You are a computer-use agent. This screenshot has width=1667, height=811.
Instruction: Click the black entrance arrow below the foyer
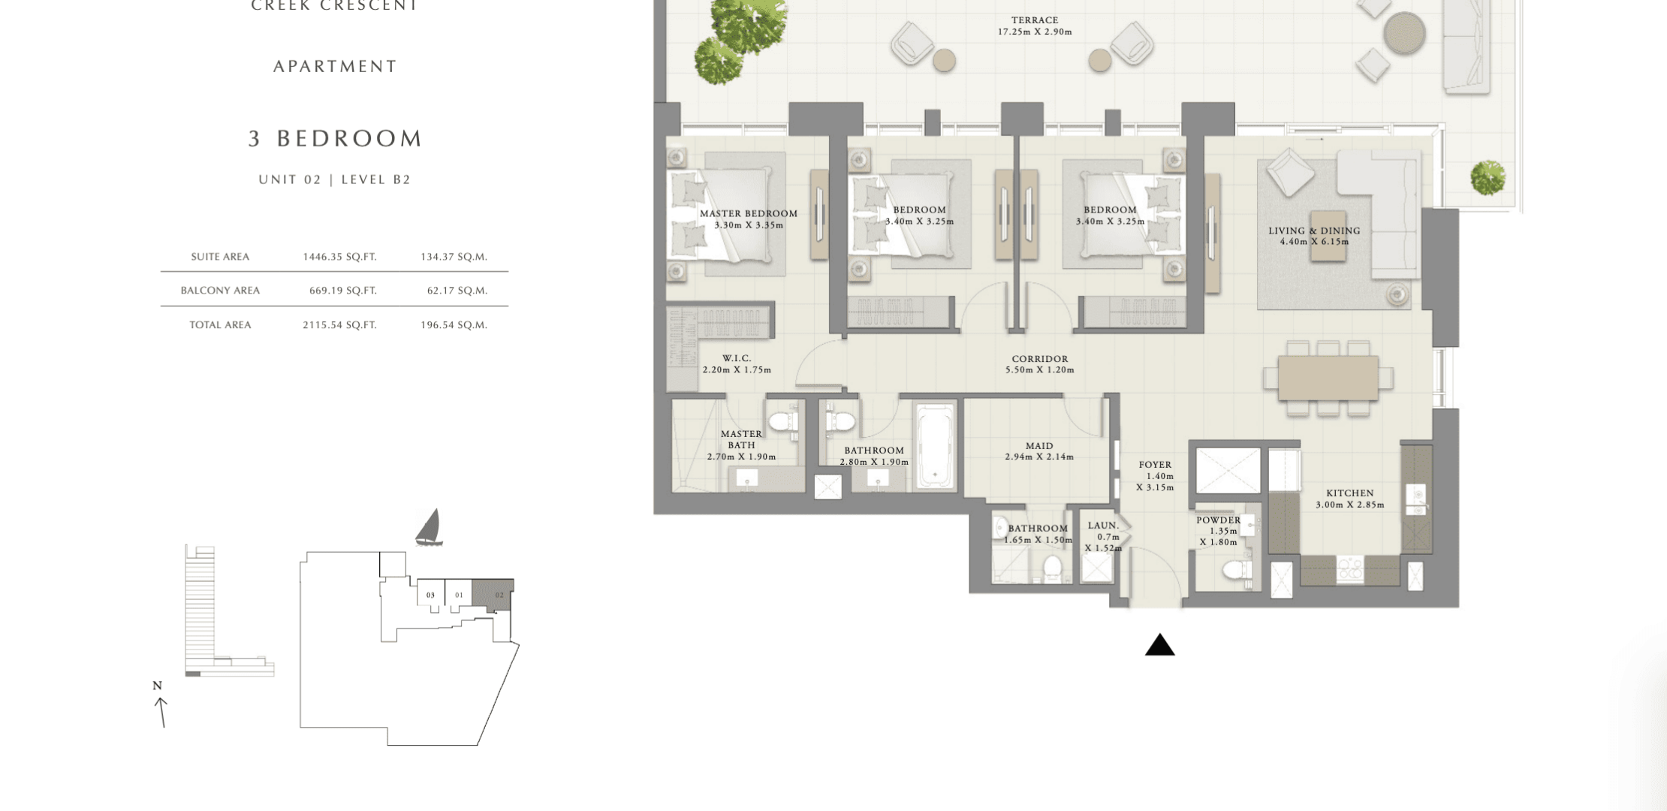(1159, 645)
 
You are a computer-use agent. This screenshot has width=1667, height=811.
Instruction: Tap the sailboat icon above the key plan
(429, 527)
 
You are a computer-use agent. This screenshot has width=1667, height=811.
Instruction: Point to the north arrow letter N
(157, 686)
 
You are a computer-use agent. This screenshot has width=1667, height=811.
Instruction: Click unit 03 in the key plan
(430, 595)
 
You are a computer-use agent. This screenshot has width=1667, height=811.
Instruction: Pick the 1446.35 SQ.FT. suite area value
(339, 257)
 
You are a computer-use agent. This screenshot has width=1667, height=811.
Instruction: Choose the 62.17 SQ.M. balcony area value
(457, 291)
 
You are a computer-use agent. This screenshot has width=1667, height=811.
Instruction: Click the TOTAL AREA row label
(220, 325)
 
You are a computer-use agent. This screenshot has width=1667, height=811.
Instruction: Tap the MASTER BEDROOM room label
(749, 213)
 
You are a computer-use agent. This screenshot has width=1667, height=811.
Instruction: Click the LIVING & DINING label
(1314, 231)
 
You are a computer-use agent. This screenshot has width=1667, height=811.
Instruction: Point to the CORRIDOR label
(1039, 359)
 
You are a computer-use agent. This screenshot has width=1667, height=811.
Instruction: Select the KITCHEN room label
(1349, 493)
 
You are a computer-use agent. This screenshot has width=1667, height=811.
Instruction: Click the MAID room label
(1039, 445)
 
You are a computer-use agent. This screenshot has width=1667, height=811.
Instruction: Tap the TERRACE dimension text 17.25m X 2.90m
(1034, 32)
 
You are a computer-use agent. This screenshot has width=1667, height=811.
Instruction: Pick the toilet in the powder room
(1237, 570)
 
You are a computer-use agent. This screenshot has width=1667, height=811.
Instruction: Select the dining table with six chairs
(1328, 378)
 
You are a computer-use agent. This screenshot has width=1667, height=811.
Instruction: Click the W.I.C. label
(737, 358)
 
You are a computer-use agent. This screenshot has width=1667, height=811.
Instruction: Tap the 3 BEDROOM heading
(336, 138)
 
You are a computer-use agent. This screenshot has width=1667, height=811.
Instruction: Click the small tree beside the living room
(1488, 178)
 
